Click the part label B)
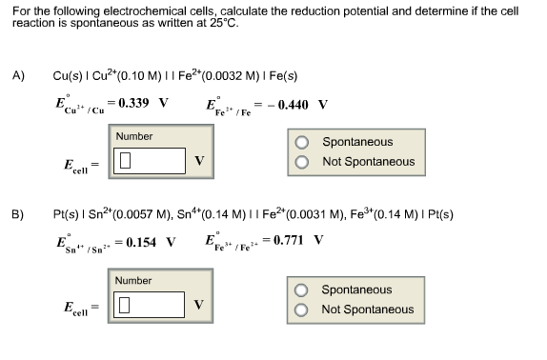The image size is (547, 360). click(x=18, y=214)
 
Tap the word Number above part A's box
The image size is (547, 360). click(x=133, y=136)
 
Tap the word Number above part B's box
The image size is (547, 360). click(x=133, y=281)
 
